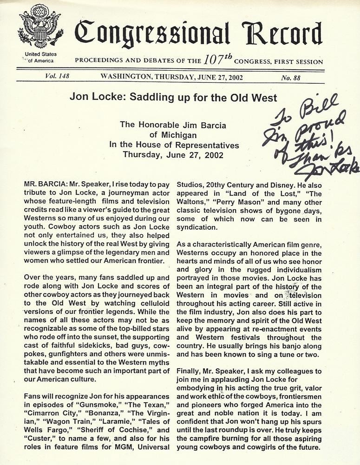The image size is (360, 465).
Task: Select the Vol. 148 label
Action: point(58,77)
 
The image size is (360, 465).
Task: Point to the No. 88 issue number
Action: point(291,78)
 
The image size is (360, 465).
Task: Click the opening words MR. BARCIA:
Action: point(45,185)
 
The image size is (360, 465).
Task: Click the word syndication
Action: point(196,228)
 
